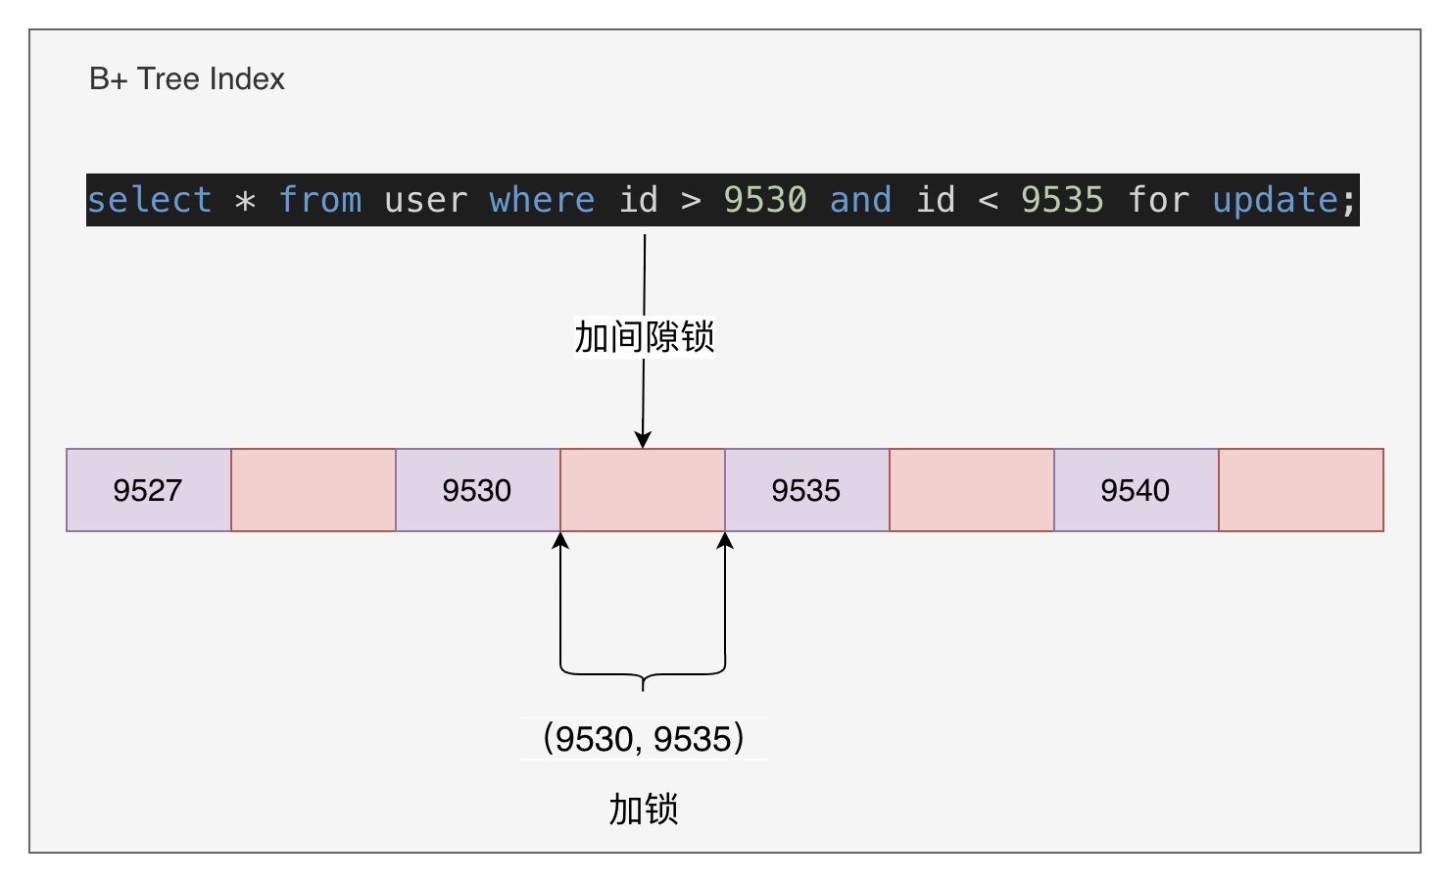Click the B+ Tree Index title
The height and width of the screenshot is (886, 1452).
click(x=187, y=79)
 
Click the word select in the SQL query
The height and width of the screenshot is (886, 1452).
click(x=150, y=199)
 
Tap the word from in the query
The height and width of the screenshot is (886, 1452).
click(x=320, y=199)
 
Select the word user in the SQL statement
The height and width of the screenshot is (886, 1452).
click(x=426, y=199)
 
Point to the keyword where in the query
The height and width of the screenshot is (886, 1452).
click(x=542, y=199)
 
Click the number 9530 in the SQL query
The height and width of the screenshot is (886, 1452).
click(x=765, y=199)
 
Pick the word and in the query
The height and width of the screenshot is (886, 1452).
click(x=861, y=199)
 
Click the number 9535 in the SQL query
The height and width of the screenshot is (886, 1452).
click(x=1062, y=199)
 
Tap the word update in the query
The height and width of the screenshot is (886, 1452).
click(x=1275, y=199)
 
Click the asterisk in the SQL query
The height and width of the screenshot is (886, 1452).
click(x=245, y=200)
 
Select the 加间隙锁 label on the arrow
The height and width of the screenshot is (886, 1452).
click(x=645, y=336)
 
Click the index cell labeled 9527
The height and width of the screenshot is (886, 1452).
click(x=149, y=490)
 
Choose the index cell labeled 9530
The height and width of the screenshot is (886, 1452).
click(x=478, y=490)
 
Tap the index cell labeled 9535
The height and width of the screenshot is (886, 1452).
click(x=807, y=490)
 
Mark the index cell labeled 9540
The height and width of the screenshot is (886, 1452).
click(x=1137, y=490)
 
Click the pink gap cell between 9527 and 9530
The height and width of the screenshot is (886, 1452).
click(x=314, y=490)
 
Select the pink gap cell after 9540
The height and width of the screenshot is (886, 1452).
click(x=1301, y=490)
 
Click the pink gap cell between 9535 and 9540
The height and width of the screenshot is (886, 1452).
click(x=972, y=490)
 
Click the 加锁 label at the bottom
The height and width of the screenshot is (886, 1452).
click(x=644, y=809)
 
